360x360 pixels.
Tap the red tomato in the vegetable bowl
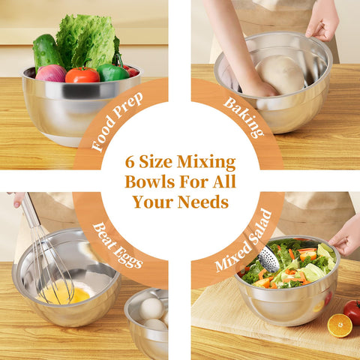pos(82,75)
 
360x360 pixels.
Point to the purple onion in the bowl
pos(51,73)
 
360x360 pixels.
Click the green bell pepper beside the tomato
pos(112,73)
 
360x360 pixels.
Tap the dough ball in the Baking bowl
pos(280,73)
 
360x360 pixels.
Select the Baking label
pos(244,117)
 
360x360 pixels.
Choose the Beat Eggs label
pos(117,244)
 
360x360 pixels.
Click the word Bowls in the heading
pos(150,181)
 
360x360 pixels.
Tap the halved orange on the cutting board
pos(340,325)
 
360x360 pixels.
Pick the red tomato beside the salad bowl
pos(352,311)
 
